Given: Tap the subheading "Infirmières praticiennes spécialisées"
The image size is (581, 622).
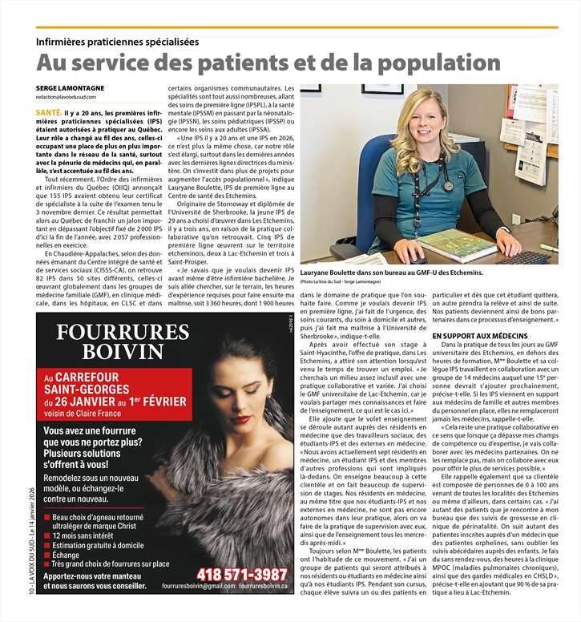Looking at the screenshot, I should pos(117,42).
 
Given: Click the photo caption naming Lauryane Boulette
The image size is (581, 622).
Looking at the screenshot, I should pos(392,273).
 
